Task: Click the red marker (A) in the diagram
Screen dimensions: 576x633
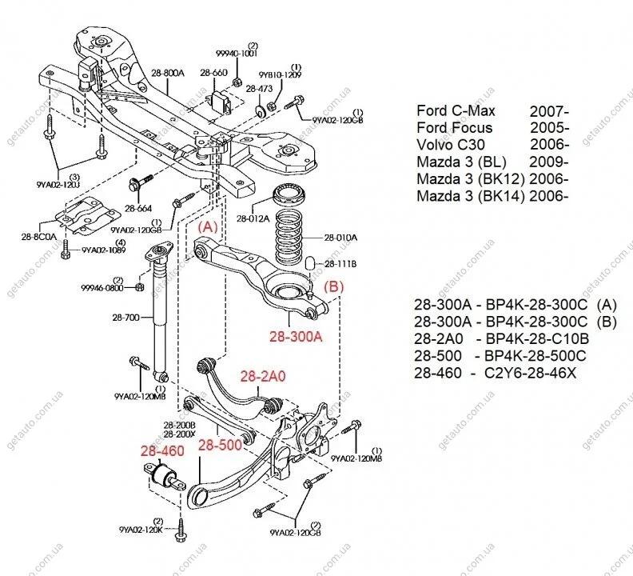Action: click(x=208, y=227)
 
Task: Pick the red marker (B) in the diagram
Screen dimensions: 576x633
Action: click(x=333, y=284)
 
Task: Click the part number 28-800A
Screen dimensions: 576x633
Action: click(x=168, y=73)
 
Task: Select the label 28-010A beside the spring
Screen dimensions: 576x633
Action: click(x=341, y=237)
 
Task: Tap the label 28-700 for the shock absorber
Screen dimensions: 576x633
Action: click(x=127, y=318)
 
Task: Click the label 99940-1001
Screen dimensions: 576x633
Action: click(x=237, y=55)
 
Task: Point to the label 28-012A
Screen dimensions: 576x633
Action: click(x=254, y=218)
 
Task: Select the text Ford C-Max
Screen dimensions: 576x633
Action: click(x=456, y=110)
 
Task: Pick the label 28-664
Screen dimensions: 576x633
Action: click(x=139, y=208)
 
